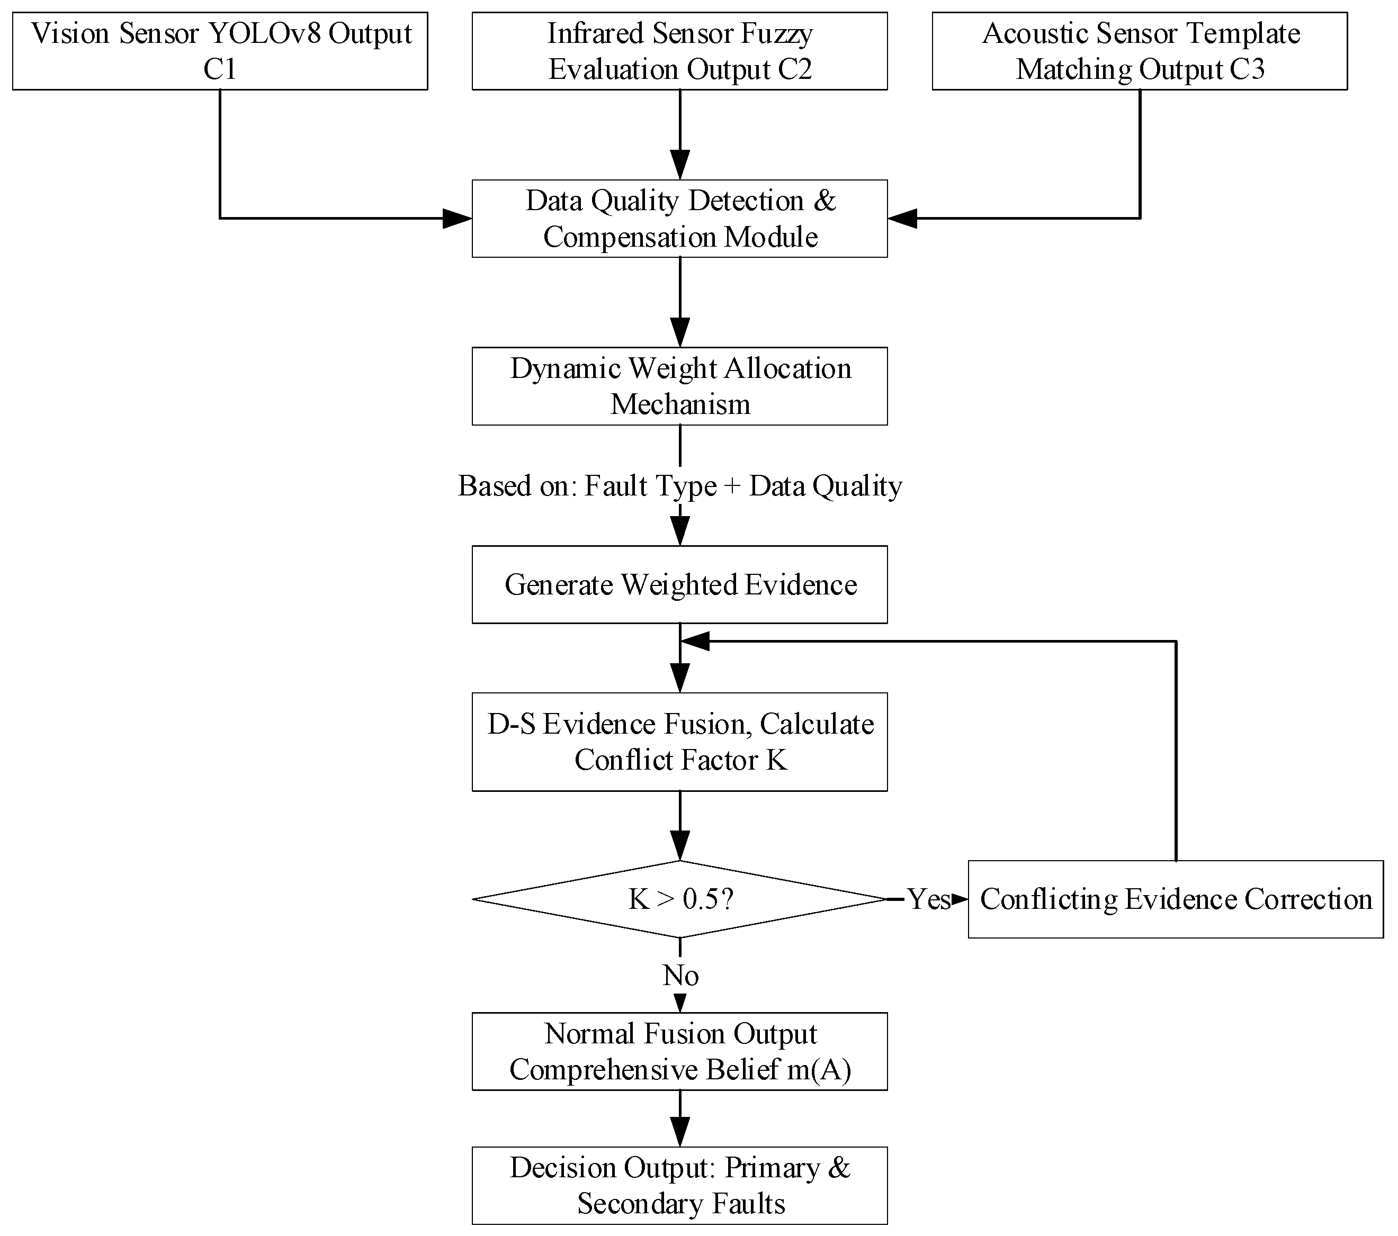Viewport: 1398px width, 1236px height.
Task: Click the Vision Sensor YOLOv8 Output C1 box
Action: point(220,51)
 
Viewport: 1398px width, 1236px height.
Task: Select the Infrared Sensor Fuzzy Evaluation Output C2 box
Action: point(680,51)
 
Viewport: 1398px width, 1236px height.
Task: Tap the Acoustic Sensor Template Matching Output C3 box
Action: point(1140,51)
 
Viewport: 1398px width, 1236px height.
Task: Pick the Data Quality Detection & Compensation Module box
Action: point(680,219)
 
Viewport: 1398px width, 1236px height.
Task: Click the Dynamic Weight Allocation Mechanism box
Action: point(680,386)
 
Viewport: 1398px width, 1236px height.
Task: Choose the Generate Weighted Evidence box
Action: point(680,584)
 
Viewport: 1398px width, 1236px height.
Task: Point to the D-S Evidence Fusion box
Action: point(680,742)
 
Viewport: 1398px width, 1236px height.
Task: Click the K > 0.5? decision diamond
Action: point(680,899)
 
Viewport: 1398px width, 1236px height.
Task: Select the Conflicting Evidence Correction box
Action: point(1176,899)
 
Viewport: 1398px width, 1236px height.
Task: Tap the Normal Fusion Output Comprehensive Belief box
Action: point(680,1051)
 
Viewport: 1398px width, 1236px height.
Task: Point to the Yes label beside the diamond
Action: point(929,899)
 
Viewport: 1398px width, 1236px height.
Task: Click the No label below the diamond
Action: point(680,976)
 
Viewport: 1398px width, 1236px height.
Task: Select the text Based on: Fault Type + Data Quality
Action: point(680,486)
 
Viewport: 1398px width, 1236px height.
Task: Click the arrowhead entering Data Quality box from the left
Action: point(458,219)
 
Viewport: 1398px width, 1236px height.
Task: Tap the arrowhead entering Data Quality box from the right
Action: point(902,219)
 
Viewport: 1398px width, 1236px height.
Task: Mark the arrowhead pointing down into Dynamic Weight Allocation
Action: point(680,333)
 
